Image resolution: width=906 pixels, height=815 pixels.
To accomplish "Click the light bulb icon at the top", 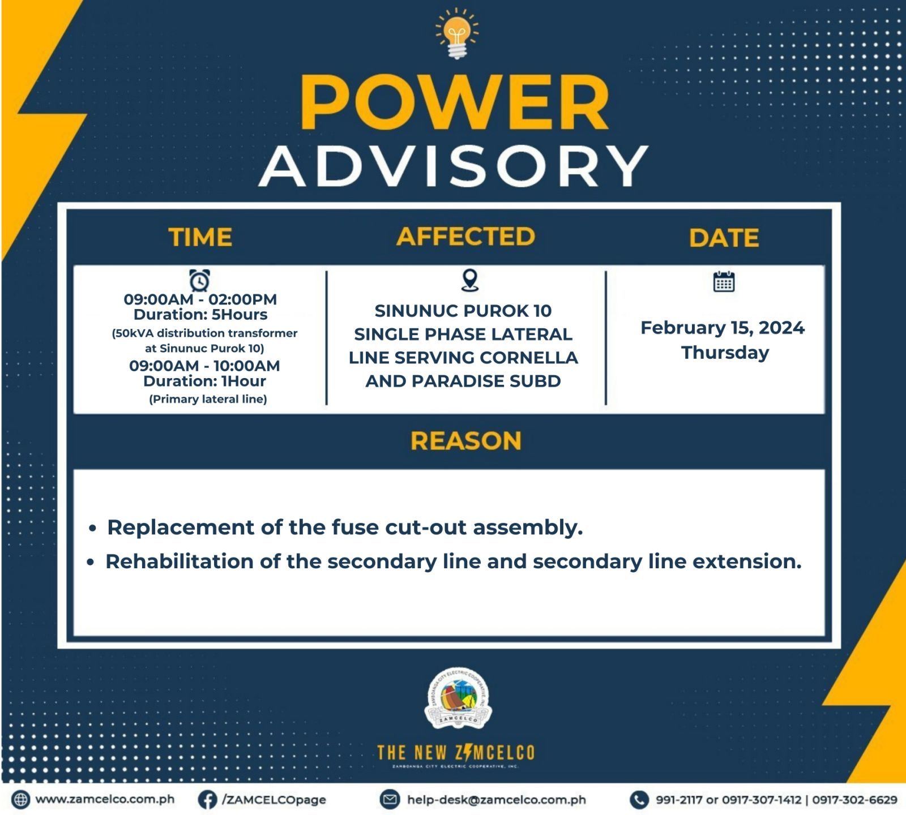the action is point(456,33).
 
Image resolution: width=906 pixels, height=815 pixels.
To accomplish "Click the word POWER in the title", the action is point(455,102).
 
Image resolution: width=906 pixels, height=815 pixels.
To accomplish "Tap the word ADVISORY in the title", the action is point(454,165).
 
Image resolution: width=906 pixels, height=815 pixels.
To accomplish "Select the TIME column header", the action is point(200,237).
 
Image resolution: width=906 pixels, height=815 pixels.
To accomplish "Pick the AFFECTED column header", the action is point(466,236).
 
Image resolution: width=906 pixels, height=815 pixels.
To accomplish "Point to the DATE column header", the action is point(724,238).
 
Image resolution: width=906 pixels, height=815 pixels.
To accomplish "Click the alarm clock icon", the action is point(199,280).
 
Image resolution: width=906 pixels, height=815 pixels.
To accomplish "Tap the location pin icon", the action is point(470,280).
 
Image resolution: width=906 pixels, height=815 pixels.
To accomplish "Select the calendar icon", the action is point(724,281).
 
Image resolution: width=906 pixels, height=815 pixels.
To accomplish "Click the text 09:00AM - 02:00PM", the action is point(200,299).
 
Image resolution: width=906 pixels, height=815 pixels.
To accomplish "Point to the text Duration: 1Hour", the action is point(204,381).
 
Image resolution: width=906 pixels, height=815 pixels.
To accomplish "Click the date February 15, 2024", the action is point(723,328).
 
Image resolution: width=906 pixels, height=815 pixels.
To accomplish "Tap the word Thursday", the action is point(725,353).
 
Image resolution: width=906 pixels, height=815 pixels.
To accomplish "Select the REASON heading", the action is point(466,441).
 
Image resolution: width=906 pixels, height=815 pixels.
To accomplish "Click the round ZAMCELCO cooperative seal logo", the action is point(458,698).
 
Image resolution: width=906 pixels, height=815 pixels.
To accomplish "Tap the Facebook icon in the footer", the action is point(208,800).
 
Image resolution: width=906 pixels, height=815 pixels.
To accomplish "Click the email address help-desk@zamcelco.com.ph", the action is point(497,800).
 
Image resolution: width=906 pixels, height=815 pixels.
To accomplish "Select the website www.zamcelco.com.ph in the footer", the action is point(105,799).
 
